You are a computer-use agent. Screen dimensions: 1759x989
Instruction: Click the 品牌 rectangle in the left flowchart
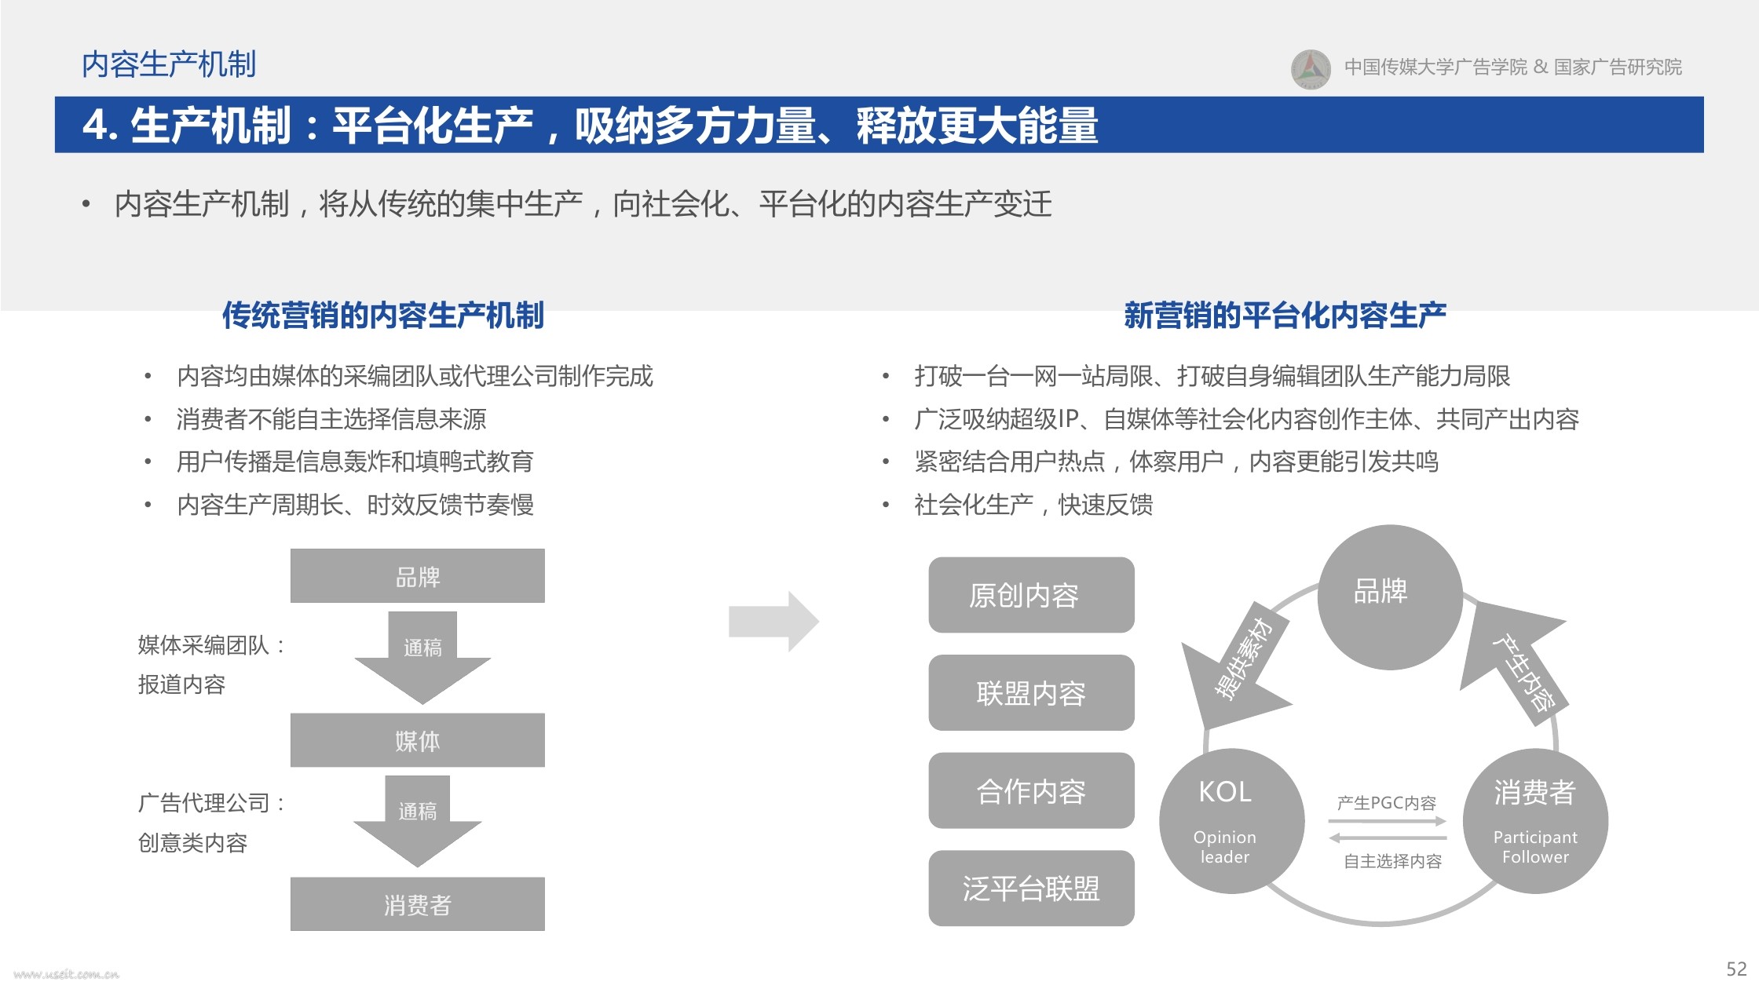[x=418, y=576]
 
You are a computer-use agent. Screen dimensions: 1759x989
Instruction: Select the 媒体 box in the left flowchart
[x=418, y=740]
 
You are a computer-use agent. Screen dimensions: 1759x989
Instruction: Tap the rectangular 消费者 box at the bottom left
[x=418, y=904]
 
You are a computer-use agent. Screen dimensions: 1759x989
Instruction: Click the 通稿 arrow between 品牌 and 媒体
[x=422, y=658]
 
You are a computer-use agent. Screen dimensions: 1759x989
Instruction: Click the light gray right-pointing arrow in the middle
[x=774, y=622]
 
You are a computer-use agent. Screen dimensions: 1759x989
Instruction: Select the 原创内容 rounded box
[x=1031, y=595]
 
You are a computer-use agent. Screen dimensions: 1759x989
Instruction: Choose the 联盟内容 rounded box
[x=1031, y=693]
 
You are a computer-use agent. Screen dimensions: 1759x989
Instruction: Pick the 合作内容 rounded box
[x=1031, y=790]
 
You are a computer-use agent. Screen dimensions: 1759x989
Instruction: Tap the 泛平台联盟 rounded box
[x=1031, y=889]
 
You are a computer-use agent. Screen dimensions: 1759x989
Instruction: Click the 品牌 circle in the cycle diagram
[x=1390, y=597]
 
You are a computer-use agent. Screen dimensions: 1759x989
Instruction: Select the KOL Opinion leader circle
[x=1232, y=821]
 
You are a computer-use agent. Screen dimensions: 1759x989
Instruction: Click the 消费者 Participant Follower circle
[x=1535, y=821]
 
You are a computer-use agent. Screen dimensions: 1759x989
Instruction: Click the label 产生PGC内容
[x=1387, y=803]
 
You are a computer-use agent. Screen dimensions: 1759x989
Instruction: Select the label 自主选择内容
[x=1392, y=861]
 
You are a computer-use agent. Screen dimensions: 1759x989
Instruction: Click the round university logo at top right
[x=1311, y=69]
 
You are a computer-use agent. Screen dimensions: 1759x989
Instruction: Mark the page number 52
[x=1736, y=969]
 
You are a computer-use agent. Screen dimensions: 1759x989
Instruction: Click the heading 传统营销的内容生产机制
[x=383, y=316]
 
